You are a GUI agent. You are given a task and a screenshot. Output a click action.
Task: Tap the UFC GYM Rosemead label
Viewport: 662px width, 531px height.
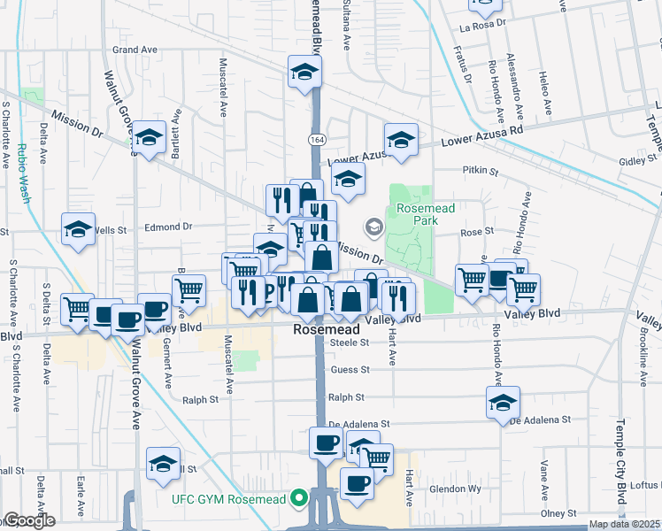[229, 500]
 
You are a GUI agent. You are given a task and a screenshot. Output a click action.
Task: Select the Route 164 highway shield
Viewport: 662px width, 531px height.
[315, 140]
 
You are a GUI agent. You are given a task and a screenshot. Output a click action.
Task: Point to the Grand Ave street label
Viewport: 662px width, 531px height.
[135, 50]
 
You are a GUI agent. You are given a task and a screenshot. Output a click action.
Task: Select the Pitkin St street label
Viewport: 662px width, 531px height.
[481, 170]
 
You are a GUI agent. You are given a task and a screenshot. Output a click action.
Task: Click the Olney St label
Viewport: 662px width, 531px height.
[558, 513]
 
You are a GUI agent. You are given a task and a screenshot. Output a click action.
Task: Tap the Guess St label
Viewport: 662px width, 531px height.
[350, 370]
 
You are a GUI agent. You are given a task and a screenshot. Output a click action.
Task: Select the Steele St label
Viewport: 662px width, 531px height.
[350, 342]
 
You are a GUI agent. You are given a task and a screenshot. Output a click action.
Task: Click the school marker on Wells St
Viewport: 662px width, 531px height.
[79, 230]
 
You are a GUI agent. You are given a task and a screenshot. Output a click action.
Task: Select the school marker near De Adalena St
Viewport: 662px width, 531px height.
[503, 403]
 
